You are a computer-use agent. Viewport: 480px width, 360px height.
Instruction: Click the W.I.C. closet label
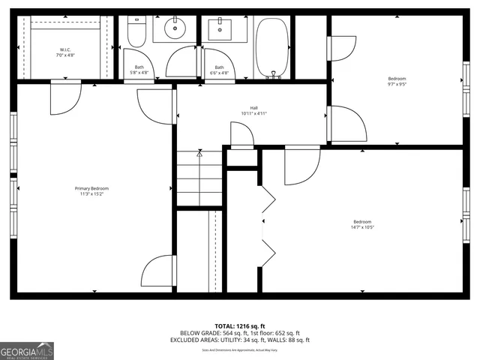tap(65, 50)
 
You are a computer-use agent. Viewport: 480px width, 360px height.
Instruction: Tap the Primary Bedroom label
tap(91, 188)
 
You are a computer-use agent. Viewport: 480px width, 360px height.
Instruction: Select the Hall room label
tap(253, 107)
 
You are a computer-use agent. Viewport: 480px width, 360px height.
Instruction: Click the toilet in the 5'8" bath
tap(137, 32)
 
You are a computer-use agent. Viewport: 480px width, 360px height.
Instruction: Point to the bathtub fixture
tap(271, 46)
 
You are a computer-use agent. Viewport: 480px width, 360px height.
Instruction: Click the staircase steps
tap(199, 178)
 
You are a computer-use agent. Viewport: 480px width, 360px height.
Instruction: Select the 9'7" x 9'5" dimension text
tap(397, 85)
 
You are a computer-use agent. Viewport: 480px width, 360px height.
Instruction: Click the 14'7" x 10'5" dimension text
tap(362, 227)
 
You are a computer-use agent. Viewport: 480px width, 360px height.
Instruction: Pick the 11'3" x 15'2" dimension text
tap(91, 194)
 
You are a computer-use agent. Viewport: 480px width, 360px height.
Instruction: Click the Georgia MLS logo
tap(27, 351)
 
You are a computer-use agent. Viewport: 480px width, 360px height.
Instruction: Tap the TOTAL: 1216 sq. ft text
tap(240, 325)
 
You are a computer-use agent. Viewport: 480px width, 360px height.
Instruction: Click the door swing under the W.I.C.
tap(64, 97)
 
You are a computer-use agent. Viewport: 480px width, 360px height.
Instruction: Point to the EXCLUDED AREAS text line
tap(240, 340)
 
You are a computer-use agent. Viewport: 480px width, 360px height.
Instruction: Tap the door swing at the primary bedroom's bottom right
tap(159, 271)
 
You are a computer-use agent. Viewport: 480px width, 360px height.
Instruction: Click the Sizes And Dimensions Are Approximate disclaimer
tap(240, 349)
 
